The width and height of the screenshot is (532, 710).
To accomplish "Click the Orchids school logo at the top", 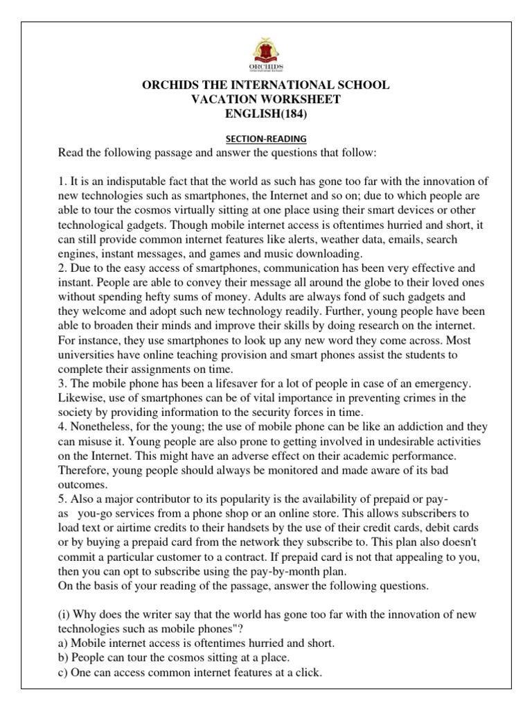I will [266, 53].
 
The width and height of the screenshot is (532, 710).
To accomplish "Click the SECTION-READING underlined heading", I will [266, 139].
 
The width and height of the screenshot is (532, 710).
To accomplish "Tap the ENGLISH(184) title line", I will [266, 114].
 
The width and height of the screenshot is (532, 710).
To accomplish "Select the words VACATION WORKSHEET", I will [266, 99].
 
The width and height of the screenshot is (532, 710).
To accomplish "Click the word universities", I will [89, 355].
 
